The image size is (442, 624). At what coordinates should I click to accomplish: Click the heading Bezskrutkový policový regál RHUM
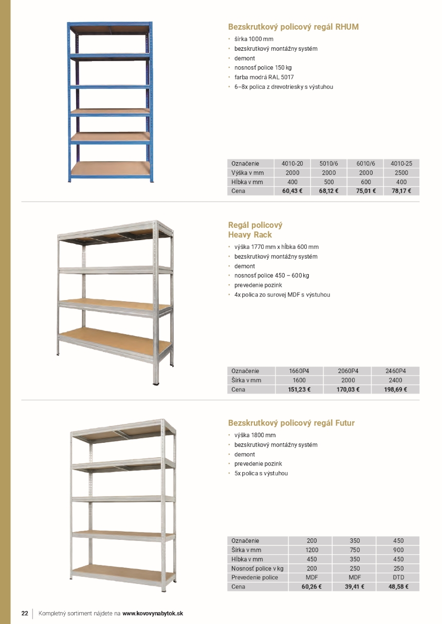pyautogui.click(x=293, y=27)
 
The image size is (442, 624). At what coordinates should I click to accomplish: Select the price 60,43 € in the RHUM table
pyautogui.click(x=292, y=191)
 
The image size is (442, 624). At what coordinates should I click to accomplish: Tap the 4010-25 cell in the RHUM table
pyautogui.click(x=401, y=164)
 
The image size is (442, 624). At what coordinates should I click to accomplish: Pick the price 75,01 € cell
pyautogui.click(x=365, y=191)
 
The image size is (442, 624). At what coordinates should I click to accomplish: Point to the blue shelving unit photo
pyautogui.click(x=110, y=102)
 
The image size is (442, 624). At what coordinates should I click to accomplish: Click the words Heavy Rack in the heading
pyautogui.click(x=250, y=235)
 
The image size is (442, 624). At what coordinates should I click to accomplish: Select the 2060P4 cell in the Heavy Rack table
pyautogui.click(x=347, y=371)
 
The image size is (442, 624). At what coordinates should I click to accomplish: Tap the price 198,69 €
pyautogui.click(x=395, y=389)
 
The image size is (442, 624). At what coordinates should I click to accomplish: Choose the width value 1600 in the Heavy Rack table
pyautogui.click(x=299, y=380)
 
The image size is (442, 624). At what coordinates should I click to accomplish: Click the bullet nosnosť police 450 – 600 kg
pyautogui.click(x=271, y=276)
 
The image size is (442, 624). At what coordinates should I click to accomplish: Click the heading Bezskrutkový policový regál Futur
pyautogui.click(x=291, y=423)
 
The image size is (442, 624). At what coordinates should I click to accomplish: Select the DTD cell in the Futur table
pyautogui.click(x=398, y=577)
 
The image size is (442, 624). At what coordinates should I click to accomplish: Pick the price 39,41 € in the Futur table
pyautogui.click(x=355, y=587)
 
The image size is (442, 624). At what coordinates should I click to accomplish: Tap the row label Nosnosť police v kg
pyautogui.click(x=257, y=568)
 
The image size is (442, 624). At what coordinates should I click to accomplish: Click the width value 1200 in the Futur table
pyautogui.click(x=311, y=550)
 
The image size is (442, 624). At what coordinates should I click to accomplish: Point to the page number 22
pyautogui.click(x=24, y=613)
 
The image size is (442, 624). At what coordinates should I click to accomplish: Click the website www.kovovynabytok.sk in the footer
pyautogui.click(x=153, y=613)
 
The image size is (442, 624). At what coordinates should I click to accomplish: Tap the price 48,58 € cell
pyautogui.click(x=398, y=587)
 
